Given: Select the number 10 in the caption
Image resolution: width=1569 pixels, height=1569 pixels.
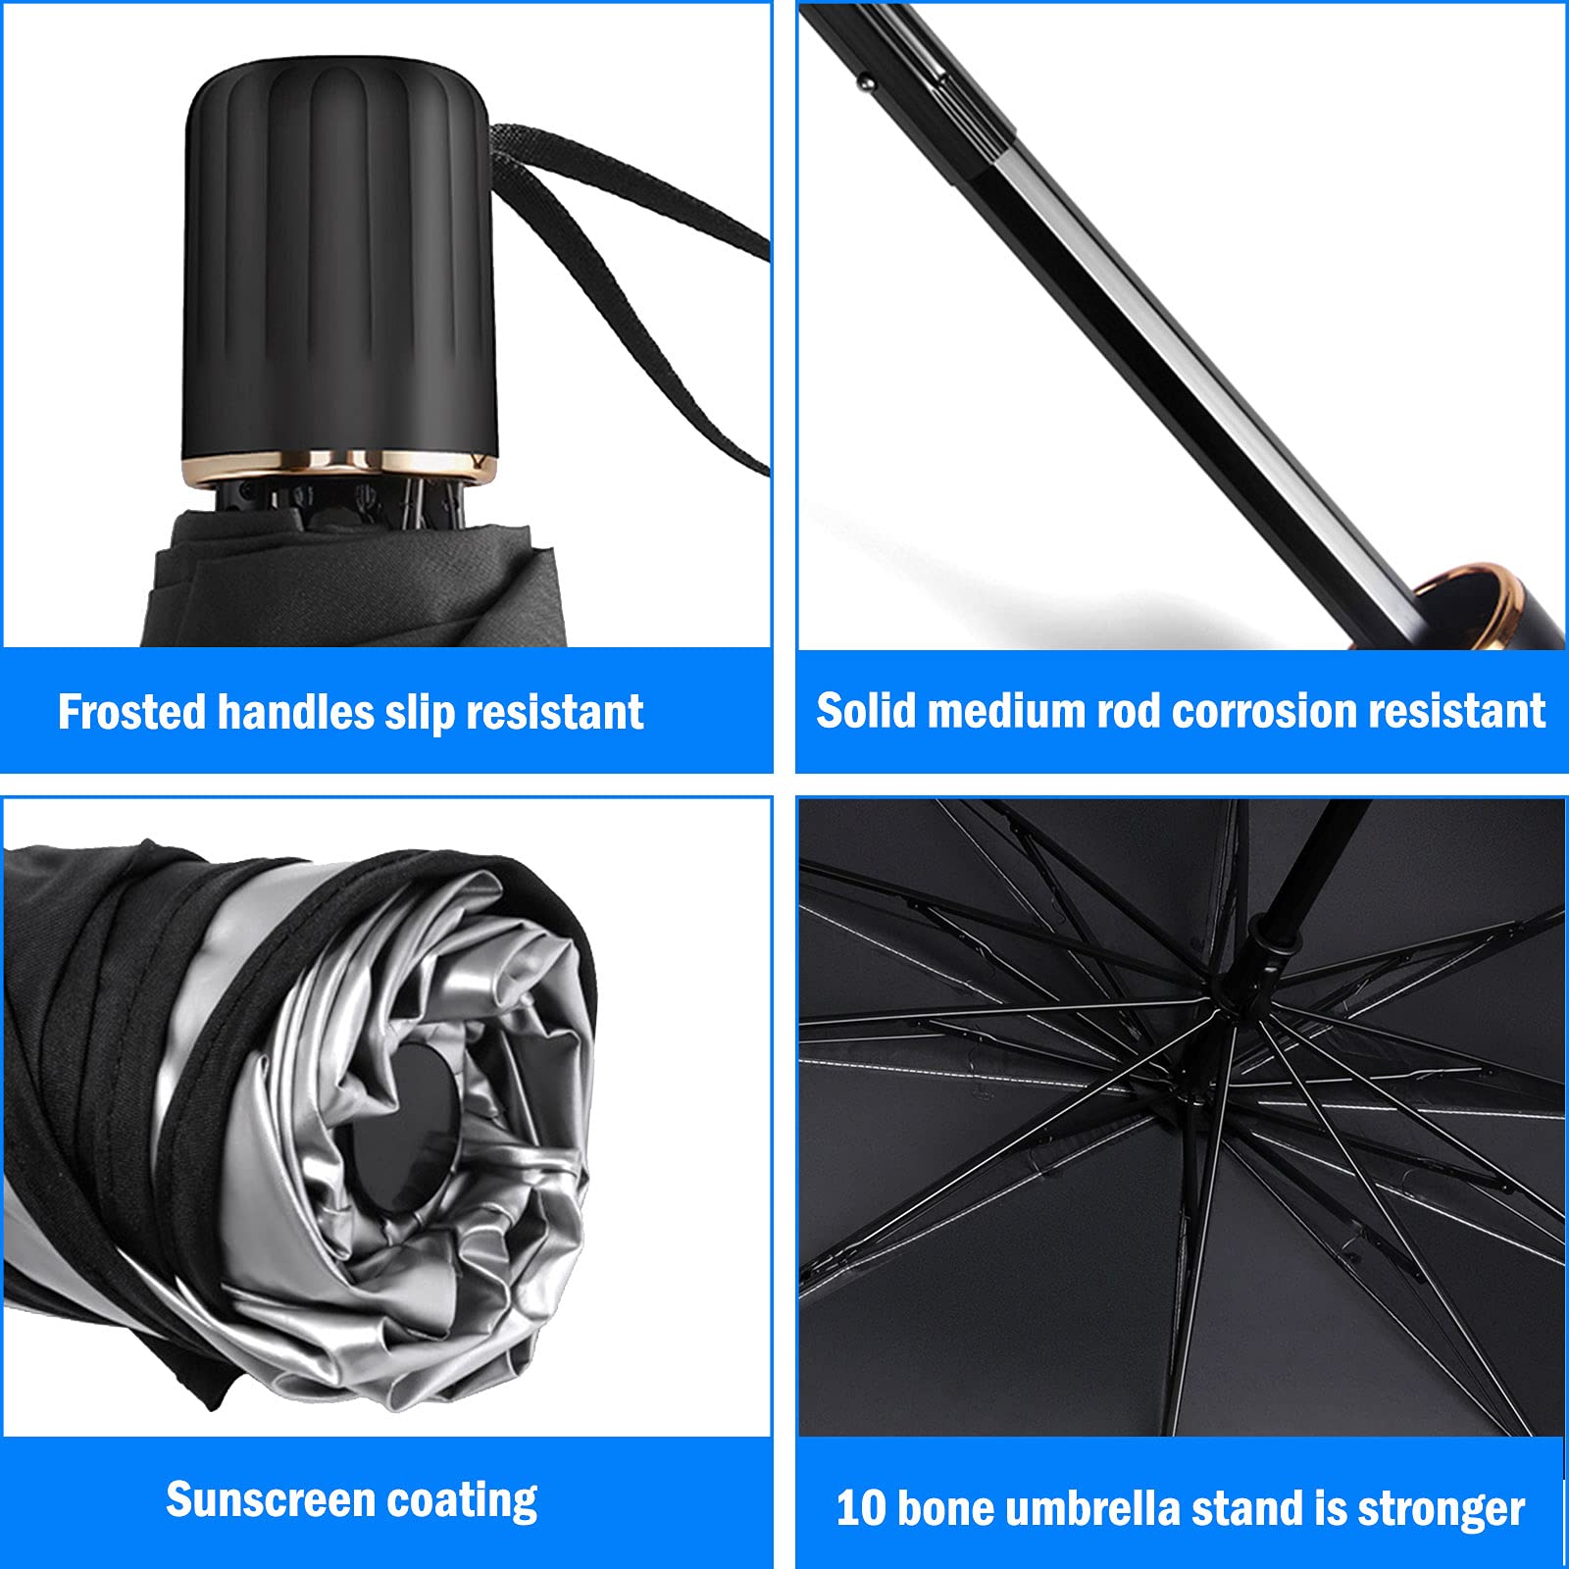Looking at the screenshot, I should [860, 1508].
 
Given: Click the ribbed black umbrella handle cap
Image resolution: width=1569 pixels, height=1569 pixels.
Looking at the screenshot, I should [338, 255].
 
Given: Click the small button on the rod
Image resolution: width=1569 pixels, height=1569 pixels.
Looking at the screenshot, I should [866, 83].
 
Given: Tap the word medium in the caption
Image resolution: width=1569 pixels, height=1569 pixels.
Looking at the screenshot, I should [1005, 710].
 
